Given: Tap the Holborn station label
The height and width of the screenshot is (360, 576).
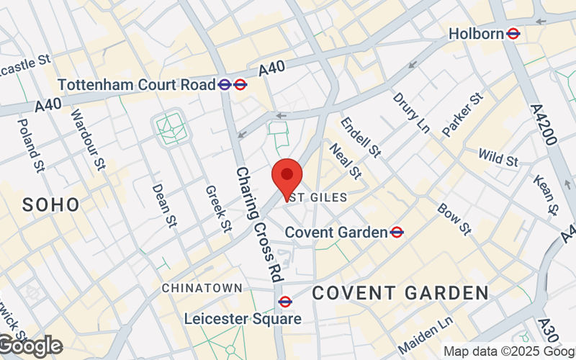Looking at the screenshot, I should pyautogui.click(x=476, y=33).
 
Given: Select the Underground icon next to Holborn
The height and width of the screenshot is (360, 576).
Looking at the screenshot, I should pyautogui.click(x=513, y=33).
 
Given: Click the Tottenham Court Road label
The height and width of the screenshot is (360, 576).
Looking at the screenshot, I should pyautogui.click(x=136, y=84).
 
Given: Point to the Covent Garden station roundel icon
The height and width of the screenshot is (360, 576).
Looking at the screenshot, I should pyautogui.click(x=397, y=232).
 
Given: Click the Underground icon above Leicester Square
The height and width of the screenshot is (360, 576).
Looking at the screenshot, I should pyautogui.click(x=285, y=301).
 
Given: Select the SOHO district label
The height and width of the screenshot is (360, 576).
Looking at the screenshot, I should pyautogui.click(x=50, y=204).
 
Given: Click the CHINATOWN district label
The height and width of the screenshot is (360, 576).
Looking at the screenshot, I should pyautogui.click(x=202, y=288).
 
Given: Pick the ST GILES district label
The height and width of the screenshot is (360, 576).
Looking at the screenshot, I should pyautogui.click(x=319, y=197).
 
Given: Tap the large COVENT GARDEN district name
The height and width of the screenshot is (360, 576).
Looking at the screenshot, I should pyautogui.click(x=400, y=293).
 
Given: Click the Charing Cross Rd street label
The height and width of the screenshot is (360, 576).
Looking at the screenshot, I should pyautogui.click(x=258, y=224).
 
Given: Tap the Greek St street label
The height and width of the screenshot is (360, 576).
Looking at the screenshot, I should pyautogui.click(x=217, y=209).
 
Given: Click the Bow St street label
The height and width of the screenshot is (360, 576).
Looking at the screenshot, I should pyautogui.click(x=454, y=219).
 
